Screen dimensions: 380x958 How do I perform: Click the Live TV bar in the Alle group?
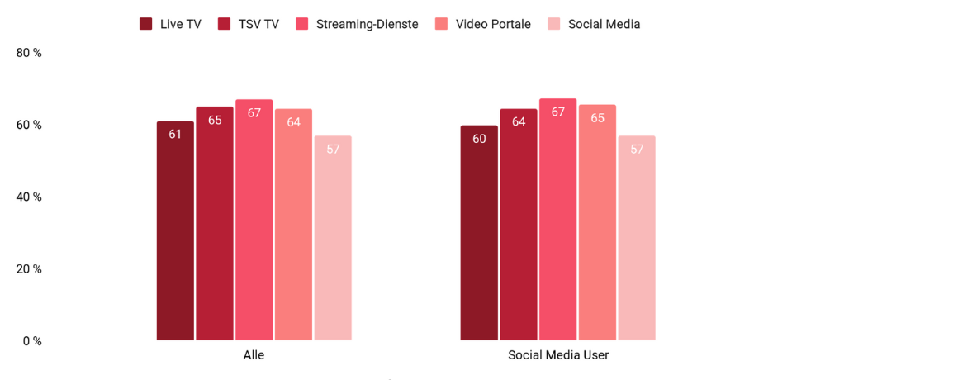tap(175, 230)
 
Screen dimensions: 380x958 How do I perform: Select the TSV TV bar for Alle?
tap(215, 223)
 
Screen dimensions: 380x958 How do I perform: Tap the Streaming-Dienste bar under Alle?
tap(254, 220)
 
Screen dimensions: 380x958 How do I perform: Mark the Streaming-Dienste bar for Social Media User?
tap(557, 220)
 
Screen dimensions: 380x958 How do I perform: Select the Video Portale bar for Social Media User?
tap(597, 223)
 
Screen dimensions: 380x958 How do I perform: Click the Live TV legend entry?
tap(171, 24)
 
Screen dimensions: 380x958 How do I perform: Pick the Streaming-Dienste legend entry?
tap(358, 24)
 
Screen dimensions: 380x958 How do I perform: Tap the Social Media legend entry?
tap(594, 24)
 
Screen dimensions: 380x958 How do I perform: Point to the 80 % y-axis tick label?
tap(29, 53)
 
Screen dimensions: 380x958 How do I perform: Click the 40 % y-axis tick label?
tap(29, 197)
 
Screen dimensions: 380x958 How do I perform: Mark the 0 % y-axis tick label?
tap(32, 340)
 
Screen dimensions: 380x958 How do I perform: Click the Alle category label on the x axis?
tap(254, 355)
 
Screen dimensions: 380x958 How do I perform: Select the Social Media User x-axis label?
tap(558, 355)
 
